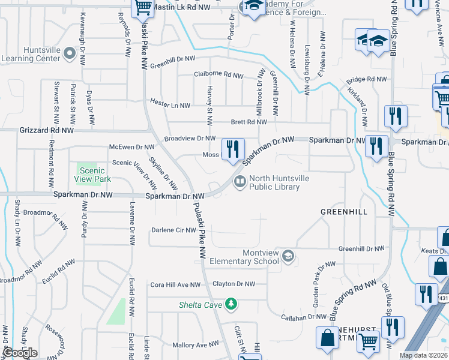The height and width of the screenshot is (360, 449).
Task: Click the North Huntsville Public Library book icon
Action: coord(240,181)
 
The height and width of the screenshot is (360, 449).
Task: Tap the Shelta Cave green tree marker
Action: coord(230,305)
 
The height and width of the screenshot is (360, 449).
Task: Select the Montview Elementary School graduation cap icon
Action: coord(288,256)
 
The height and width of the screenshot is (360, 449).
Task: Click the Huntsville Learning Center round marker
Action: coord(69,53)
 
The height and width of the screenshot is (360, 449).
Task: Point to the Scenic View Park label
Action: coord(92,175)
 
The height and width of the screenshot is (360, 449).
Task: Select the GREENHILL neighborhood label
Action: coord(343,212)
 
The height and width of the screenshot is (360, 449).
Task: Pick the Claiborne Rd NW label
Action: coord(218,75)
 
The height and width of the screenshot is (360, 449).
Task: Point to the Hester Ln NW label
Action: coord(170,103)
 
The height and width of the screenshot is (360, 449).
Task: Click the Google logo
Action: coord(20,353)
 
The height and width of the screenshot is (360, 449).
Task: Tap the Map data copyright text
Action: coord(424,355)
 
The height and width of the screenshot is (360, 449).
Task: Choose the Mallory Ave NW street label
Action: coord(196,344)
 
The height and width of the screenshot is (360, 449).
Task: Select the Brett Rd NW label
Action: coord(249,122)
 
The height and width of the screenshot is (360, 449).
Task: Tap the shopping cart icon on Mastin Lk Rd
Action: coord(143,7)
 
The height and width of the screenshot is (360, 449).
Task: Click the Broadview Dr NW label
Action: coord(190,139)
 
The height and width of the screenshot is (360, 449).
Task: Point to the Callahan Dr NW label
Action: coord(305,316)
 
